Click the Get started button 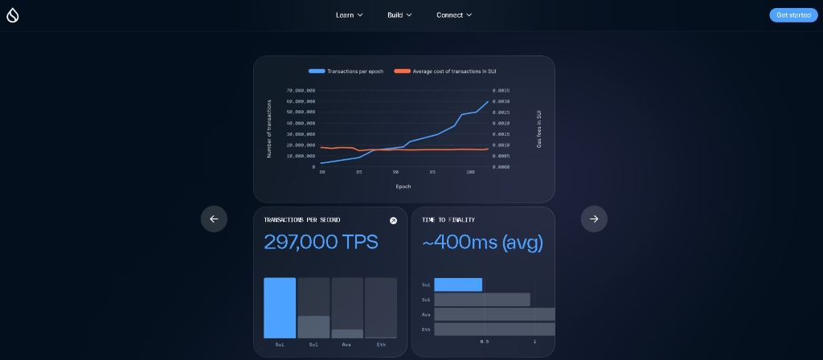(x=792, y=15)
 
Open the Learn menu (x=349, y=15)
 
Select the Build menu (x=399, y=15)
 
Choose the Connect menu (x=454, y=15)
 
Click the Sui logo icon (x=12, y=15)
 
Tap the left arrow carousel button (x=214, y=219)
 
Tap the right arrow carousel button (x=594, y=219)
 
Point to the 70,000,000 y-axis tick (x=301, y=91)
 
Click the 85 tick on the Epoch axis (x=358, y=172)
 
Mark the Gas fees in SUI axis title (x=539, y=129)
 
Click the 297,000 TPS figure (x=321, y=242)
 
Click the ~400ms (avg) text (x=482, y=242)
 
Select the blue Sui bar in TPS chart (x=280, y=308)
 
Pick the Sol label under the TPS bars (x=313, y=345)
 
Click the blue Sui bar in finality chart (x=458, y=284)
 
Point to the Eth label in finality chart (x=426, y=329)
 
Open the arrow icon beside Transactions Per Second (x=393, y=220)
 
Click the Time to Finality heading (x=448, y=220)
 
